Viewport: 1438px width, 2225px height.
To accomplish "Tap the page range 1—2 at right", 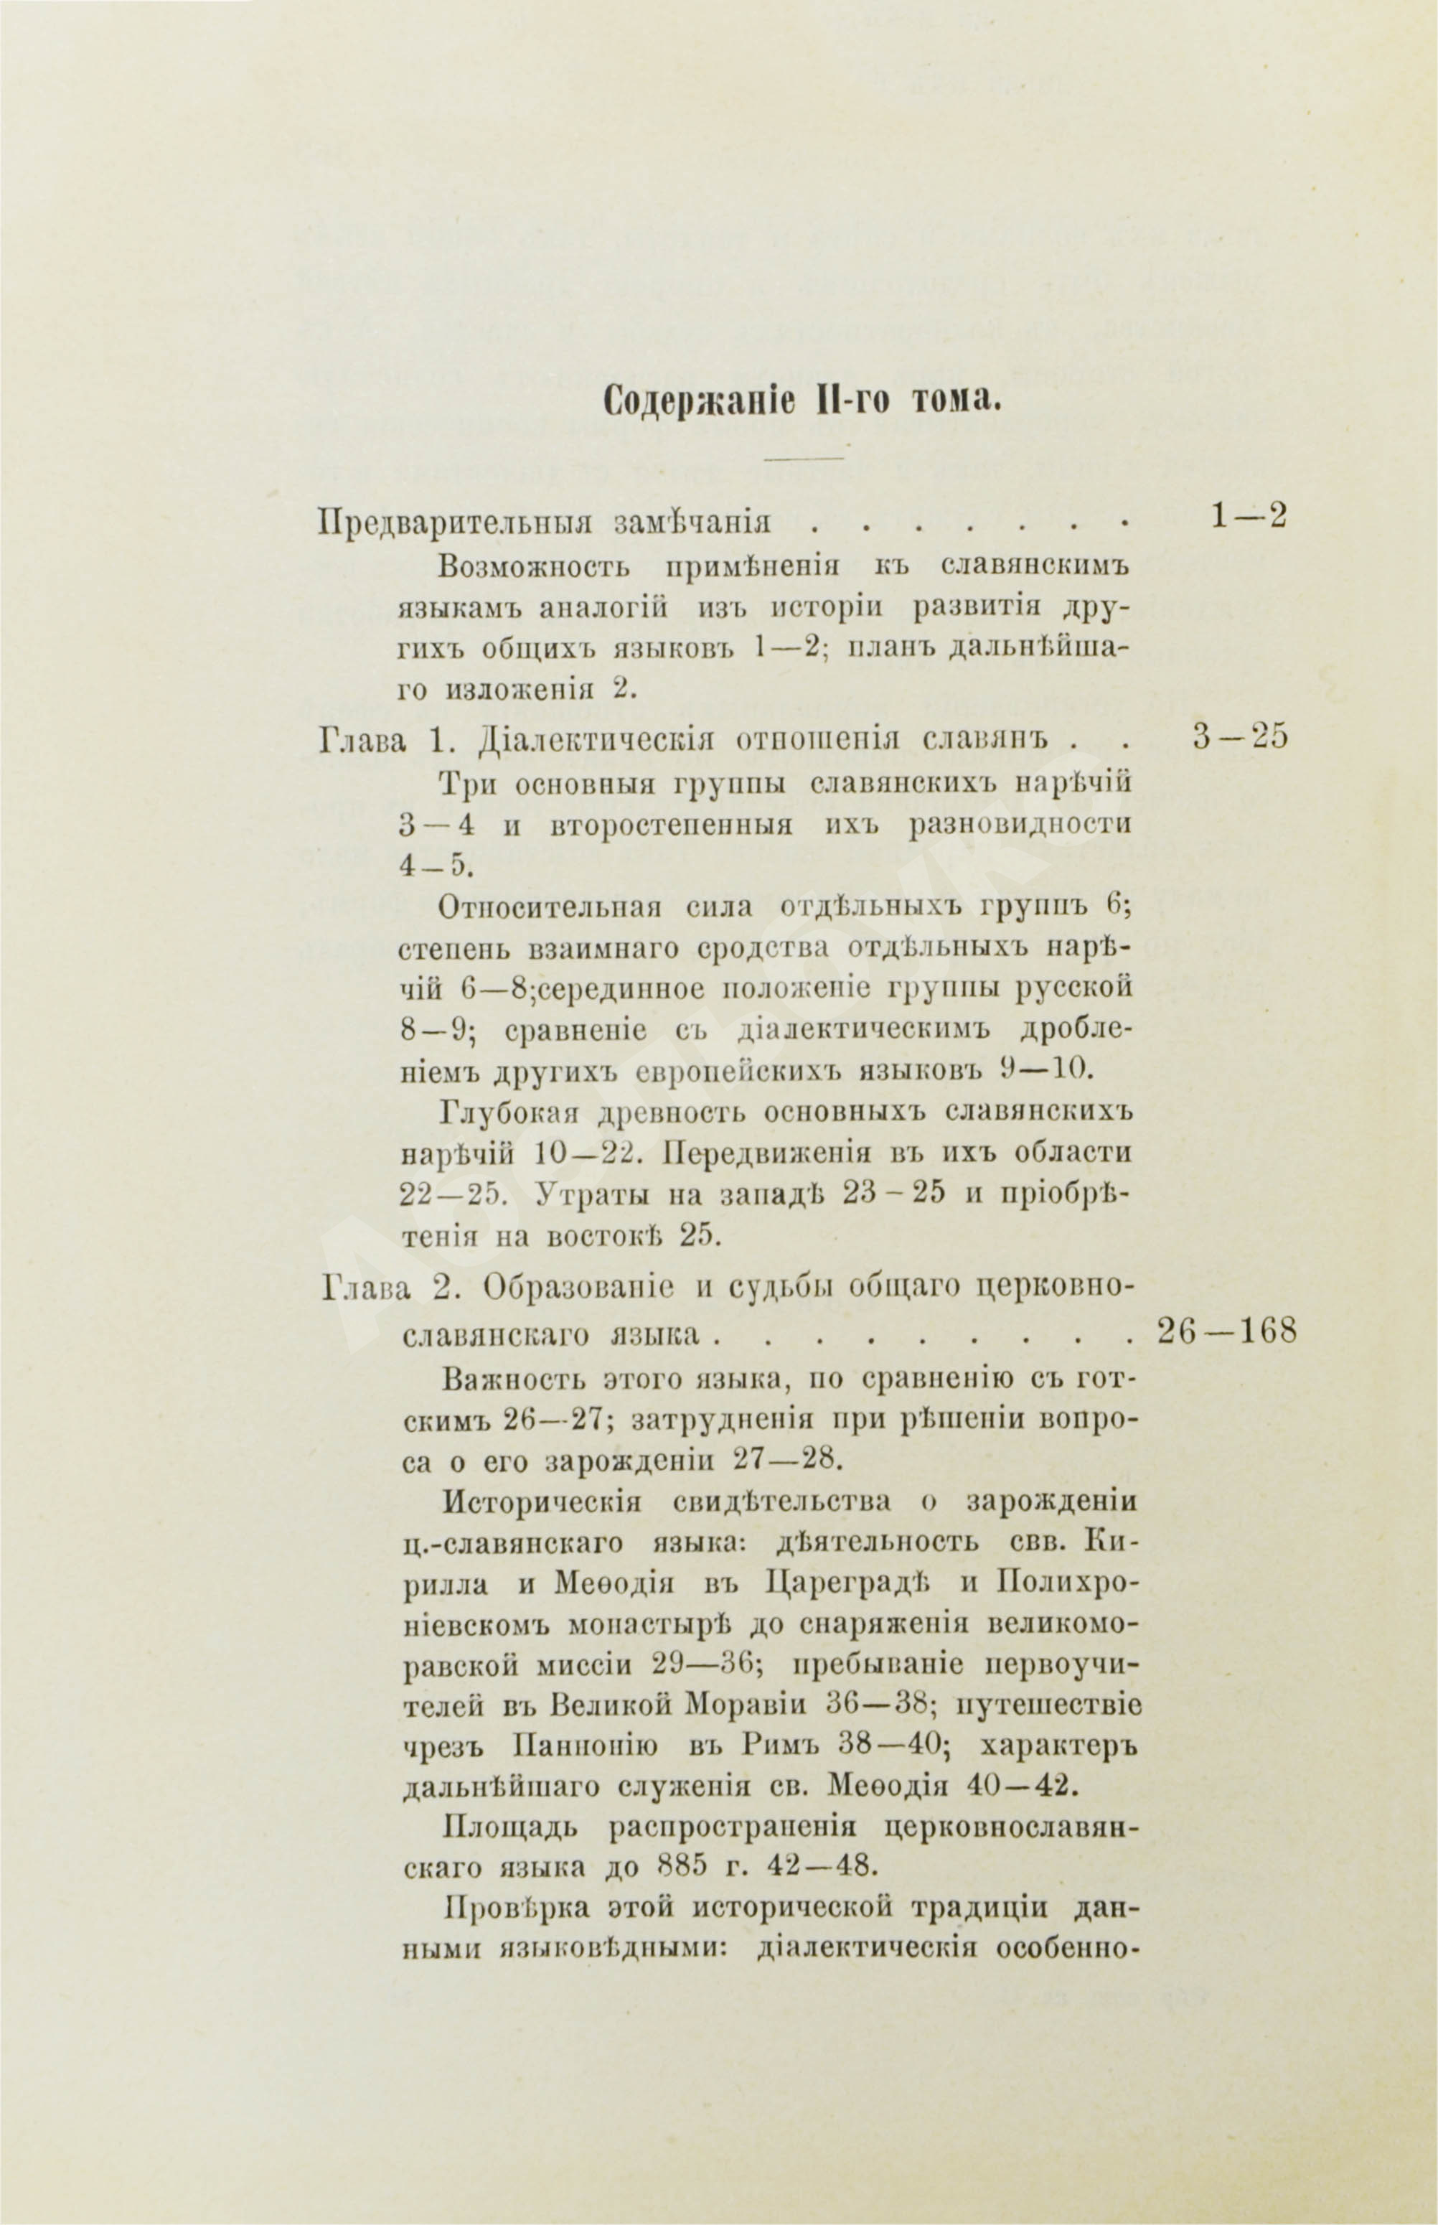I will [1249, 516].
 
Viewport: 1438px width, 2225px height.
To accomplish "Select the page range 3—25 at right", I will [1240, 739].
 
